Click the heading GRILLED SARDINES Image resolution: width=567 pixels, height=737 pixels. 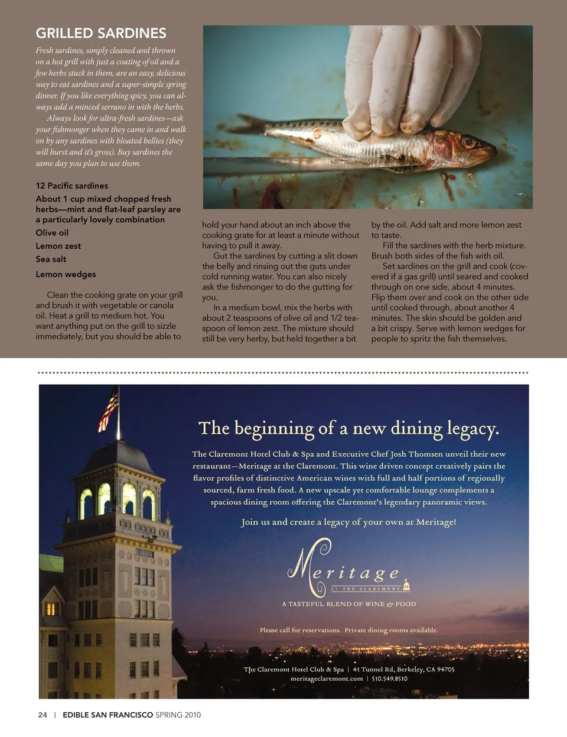coord(101,34)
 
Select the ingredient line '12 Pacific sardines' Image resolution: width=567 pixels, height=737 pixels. coord(71,186)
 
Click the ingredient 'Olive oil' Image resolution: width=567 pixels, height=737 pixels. coord(52,233)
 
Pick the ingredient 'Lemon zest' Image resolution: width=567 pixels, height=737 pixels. coord(58,246)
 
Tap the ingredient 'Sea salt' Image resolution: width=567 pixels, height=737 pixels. coord(51,259)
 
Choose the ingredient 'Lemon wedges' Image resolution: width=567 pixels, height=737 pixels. coord(66,274)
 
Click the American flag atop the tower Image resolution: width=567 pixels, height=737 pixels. coord(109,408)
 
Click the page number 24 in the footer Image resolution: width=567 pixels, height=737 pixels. coord(43,715)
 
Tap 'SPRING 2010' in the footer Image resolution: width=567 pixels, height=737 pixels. coord(178,715)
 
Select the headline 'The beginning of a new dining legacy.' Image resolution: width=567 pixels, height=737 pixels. coord(348,428)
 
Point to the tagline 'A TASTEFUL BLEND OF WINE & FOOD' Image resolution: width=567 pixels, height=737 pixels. coord(349,604)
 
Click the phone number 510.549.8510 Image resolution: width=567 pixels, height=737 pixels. coord(389,678)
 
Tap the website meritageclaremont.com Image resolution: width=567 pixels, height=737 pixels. coord(327,678)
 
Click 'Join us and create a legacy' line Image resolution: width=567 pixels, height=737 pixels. coord(348,522)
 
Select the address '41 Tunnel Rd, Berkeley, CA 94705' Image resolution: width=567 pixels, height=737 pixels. coord(403,669)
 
